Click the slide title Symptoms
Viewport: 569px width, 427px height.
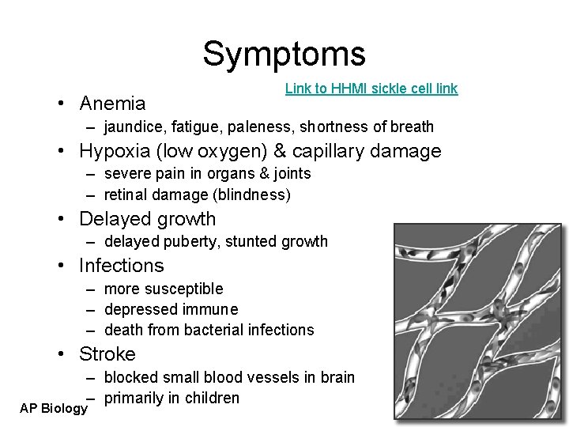(x=284, y=55)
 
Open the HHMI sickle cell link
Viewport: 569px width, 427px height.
(x=371, y=89)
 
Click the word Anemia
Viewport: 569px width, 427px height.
(x=112, y=104)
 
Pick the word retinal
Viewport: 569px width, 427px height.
(x=126, y=195)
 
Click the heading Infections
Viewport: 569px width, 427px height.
(x=122, y=266)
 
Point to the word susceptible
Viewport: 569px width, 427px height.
(x=186, y=289)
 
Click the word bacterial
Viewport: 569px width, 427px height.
(x=224, y=331)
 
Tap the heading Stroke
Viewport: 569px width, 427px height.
(x=107, y=354)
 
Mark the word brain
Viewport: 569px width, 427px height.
(x=337, y=378)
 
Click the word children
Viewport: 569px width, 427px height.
(x=213, y=399)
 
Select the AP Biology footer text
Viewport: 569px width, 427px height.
(x=53, y=409)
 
